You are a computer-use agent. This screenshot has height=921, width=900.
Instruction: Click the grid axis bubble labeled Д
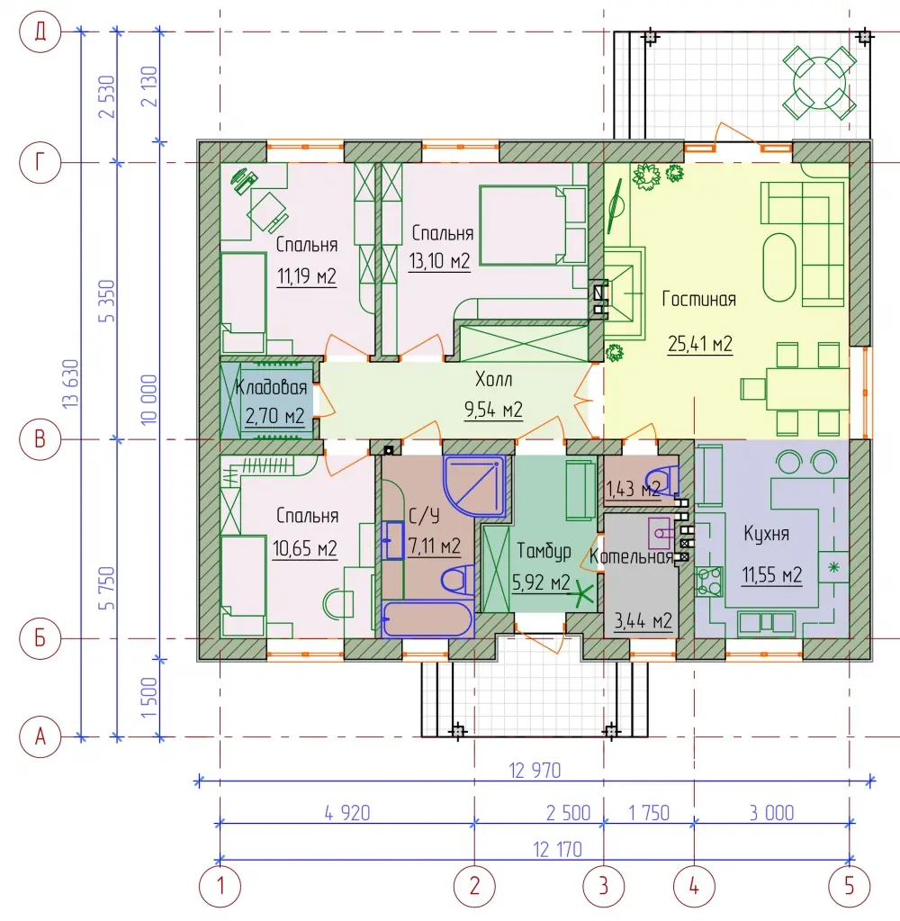[x=40, y=32]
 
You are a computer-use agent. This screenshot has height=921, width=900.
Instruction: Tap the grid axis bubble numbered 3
[x=604, y=886]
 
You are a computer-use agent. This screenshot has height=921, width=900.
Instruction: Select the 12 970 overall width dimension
[x=535, y=770]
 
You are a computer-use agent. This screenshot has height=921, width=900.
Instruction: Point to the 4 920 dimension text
[x=347, y=813]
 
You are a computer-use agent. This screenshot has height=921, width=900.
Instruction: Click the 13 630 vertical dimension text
[x=70, y=384]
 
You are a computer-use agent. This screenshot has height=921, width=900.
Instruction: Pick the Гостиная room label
[x=698, y=299]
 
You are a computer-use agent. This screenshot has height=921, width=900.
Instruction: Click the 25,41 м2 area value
[x=700, y=344]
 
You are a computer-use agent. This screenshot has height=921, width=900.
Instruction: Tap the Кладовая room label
[x=271, y=387]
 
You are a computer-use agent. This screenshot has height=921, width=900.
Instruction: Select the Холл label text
[x=494, y=379]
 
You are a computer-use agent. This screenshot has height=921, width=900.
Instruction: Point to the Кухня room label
[x=766, y=533]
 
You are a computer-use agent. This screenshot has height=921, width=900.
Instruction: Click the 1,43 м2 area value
[x=633, y=489]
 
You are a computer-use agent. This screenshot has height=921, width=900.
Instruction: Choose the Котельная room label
[x=631, y=556]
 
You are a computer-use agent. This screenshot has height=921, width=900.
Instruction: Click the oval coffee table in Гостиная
[x=779, y=267]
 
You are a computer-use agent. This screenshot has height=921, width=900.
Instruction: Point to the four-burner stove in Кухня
[x=708, y=582]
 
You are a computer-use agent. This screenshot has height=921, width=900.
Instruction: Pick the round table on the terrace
[x=820, y=83]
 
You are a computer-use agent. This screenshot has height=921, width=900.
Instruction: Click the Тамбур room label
[x=544, y=551]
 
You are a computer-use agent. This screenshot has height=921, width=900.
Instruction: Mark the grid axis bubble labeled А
[x=40, y=736]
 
